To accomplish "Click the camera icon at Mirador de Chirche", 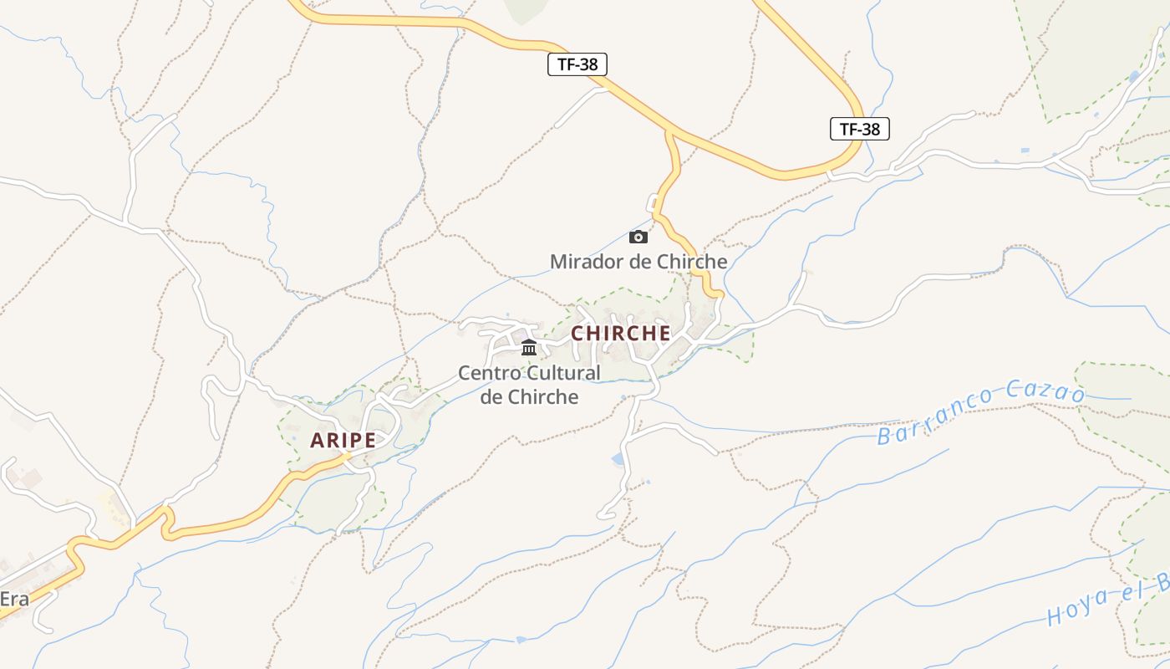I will coord(638,237).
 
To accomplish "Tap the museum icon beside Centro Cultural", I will coord(529,347).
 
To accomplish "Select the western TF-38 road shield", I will coord(577,64).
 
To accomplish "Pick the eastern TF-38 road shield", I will coord(860,129).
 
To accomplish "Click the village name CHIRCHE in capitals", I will coord(621,333).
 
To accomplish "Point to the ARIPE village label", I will coord(343,440).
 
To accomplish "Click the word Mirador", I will coord(586,262).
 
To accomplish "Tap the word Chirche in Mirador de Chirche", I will coord(692,262).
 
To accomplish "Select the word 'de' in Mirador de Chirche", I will coord(641,262).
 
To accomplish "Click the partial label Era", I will coord(15,599).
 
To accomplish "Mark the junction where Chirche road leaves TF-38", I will coord(668,131).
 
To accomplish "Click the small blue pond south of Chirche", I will coord(618,458).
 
